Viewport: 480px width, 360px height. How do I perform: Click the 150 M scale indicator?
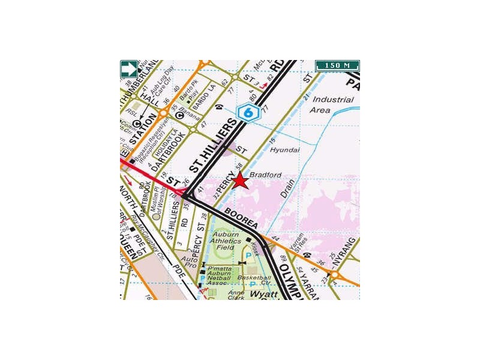pyautogui.click(x=337, y=65)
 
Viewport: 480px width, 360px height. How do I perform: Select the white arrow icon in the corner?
pyautogui.click(x=129, y=68)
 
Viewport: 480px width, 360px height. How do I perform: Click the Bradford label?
pyautogui.click(x=265, y=175)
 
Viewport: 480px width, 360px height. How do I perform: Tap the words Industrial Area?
pyautogui.click(x=330, y=105)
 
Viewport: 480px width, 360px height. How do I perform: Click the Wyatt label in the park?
pyautogui.click(x=264, y=295)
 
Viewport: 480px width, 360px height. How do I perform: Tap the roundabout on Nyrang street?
pyautogui.click(x=335, y=275)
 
